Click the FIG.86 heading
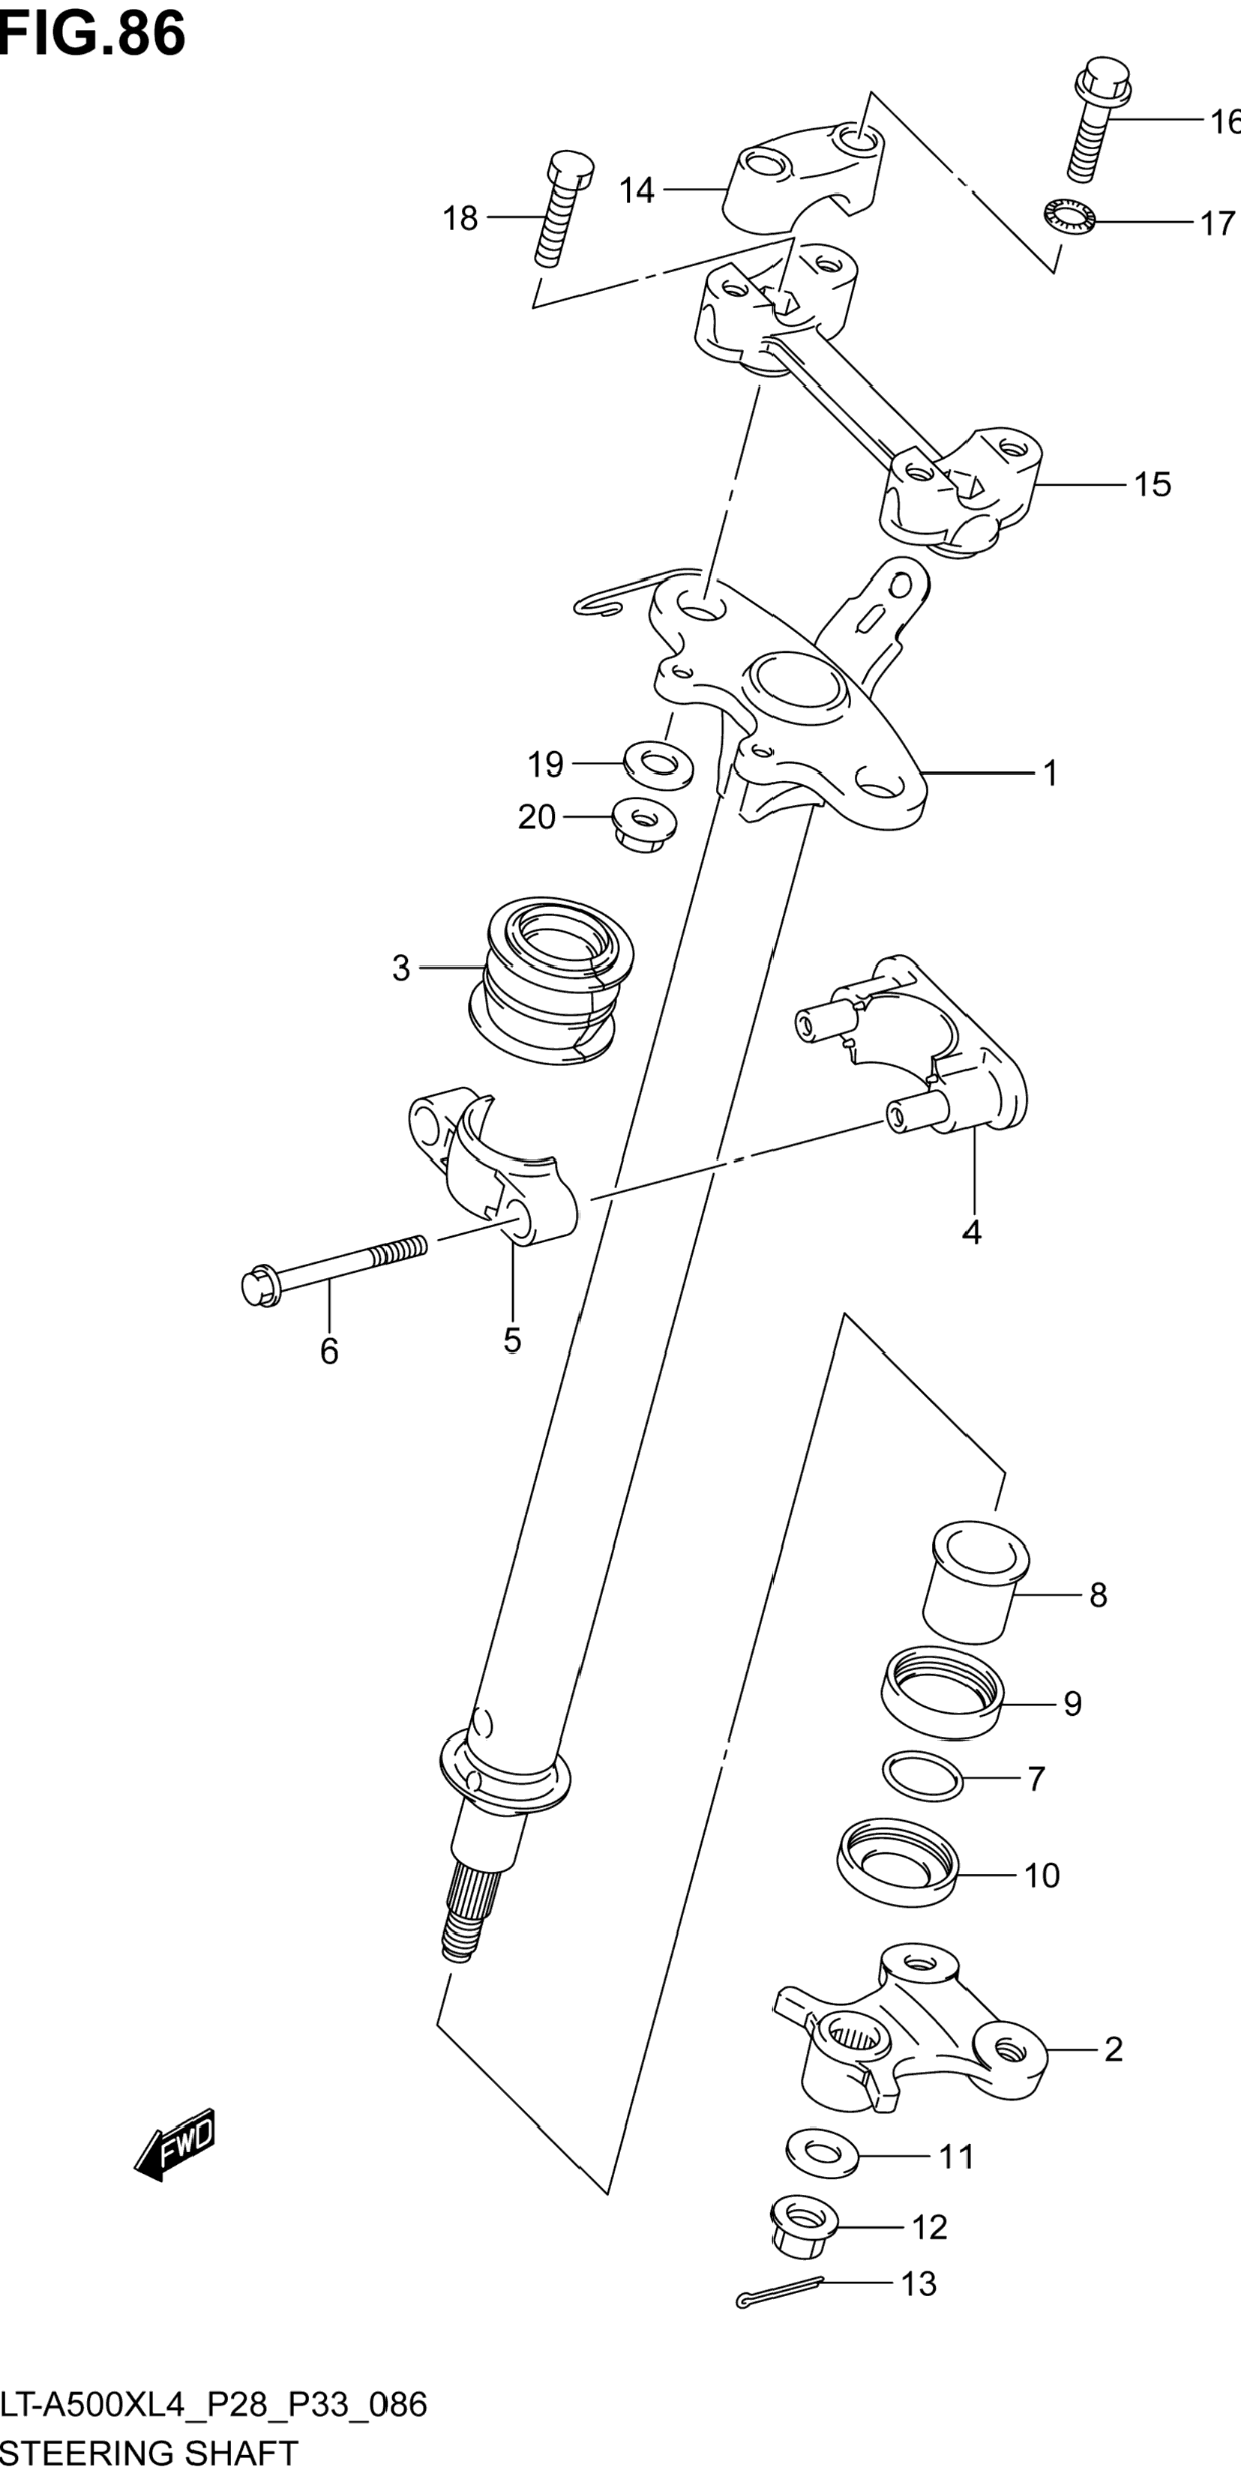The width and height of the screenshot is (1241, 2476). [92, 34]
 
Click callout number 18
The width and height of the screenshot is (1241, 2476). [460, 219]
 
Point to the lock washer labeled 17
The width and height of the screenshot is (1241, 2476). [1067, 216]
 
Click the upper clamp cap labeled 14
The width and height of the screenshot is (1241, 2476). [802, 177]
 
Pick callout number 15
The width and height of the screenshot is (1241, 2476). [1153, 484]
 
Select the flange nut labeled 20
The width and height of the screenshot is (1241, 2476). [644, 825]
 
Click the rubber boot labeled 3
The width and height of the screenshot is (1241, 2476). [551, 981]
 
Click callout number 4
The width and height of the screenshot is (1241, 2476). [972, 1232]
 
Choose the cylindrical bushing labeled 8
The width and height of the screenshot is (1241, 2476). [974, 1581]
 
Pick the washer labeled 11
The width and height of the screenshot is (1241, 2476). [822, 2154]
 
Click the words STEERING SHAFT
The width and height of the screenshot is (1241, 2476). [149, 2452]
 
